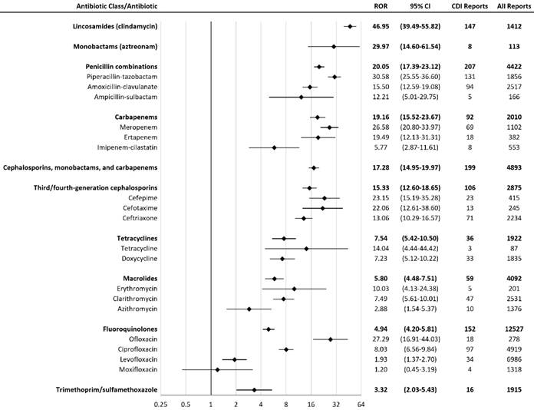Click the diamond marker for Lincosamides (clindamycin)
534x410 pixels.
[350, 27]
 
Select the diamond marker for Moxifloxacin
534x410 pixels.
[217, 369]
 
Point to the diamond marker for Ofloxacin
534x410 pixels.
[331, 339]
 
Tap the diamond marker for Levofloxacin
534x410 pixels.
[235, 359]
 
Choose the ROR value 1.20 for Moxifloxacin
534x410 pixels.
[379, 369]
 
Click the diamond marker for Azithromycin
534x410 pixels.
[249, 309]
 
